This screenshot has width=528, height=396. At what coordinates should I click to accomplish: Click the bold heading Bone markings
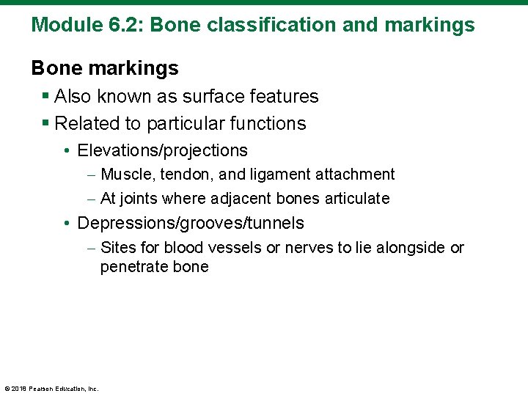[x=105, y=68]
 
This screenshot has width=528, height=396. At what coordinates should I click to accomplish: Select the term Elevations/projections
[x=162, y=150]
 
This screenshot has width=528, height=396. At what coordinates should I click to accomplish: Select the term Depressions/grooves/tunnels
[x=190, y=223]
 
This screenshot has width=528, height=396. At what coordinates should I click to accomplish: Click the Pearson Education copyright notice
[x=51, y=389]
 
